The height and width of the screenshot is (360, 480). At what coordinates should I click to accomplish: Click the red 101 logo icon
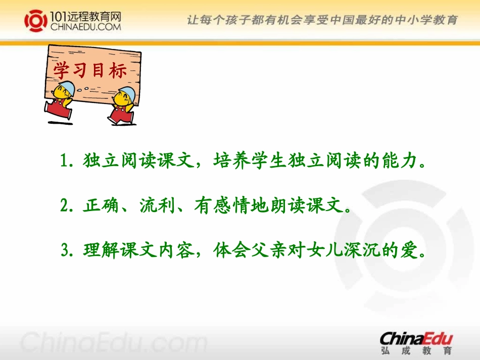pos(36,20)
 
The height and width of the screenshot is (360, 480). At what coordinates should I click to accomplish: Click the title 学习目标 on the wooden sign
pos(90,71)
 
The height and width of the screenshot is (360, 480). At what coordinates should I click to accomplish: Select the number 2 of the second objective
pos(64,205)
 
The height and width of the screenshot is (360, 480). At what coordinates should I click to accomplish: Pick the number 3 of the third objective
pos(65,250)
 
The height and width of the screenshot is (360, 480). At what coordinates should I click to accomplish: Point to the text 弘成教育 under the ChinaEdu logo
pos(417,350)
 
